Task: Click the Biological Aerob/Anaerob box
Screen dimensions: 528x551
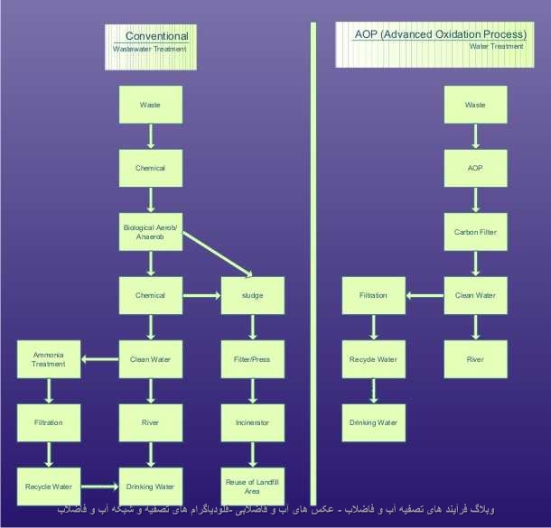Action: (x=151, y=232)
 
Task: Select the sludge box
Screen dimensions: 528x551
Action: (x=252, y=295)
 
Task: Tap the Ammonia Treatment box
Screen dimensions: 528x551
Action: (x=49, y=359)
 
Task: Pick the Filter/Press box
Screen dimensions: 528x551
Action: (x=252, y=359)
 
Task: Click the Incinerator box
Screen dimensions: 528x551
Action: (x=252, y=422)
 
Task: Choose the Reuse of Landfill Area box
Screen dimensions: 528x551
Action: (x=252, y=486)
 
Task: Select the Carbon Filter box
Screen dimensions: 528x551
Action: (x=475, y=232)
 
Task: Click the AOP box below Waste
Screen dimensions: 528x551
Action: (x=475, y=168)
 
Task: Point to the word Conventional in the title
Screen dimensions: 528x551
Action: (x=156, y=36)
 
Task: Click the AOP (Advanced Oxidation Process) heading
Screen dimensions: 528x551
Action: (x=441, y=33)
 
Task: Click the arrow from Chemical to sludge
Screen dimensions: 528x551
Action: (x=201, y=295)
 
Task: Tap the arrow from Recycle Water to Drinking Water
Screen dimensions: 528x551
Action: (x=99, y=486)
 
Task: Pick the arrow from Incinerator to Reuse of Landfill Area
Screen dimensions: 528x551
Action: (x=252, y=454)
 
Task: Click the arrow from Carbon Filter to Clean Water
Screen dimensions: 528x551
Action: (x=475, y=264)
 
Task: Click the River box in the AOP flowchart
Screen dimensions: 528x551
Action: (x=475, y=359)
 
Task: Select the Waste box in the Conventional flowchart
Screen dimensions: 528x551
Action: (x=151, y=105)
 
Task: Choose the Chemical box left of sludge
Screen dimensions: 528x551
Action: (x=151, y=295)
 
